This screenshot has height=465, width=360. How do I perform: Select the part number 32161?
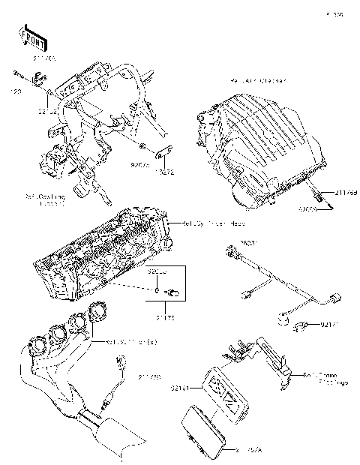point(179,388)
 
